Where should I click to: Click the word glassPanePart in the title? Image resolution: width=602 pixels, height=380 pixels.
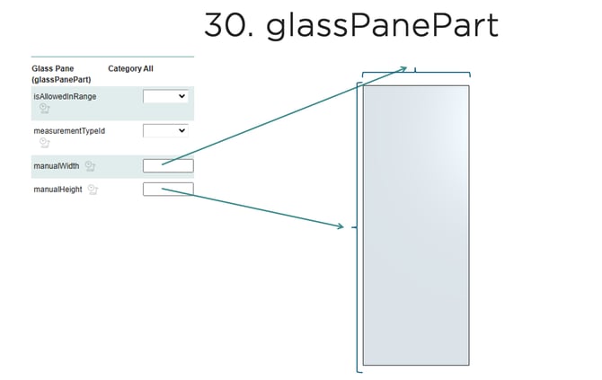coord(382,25)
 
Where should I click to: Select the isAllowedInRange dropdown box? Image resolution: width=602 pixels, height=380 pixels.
coord(165,96)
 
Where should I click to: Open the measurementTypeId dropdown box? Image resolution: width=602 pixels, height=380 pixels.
coord(165,130)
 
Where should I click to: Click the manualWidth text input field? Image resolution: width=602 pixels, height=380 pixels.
coord(168,165)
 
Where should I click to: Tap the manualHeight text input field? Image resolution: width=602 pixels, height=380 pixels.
coord(168,189)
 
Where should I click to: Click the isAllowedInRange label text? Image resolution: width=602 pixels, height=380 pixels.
coord(65,96)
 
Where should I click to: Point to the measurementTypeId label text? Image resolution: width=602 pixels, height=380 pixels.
coord(68,131)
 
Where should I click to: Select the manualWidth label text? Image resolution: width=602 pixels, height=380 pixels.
coord(57,166)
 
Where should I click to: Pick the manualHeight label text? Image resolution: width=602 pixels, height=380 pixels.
coord(58,190)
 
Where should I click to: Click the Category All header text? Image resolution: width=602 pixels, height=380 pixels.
coord(130,68)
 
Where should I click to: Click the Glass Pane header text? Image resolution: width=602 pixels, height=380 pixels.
coord(53,68)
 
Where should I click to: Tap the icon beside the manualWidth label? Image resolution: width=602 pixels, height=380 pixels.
coord(90,166)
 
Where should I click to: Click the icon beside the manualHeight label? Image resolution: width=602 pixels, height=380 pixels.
coord(93,190)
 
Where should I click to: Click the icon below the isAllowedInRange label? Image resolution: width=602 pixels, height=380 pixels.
coord(44,109)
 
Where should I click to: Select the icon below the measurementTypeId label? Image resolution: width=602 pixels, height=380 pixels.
coord(44,143)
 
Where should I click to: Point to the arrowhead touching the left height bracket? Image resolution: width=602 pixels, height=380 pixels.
coord(341,226)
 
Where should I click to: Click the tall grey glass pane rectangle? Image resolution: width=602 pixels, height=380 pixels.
coord(415,225)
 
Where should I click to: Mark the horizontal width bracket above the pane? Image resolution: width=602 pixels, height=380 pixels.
coord(415,73)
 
